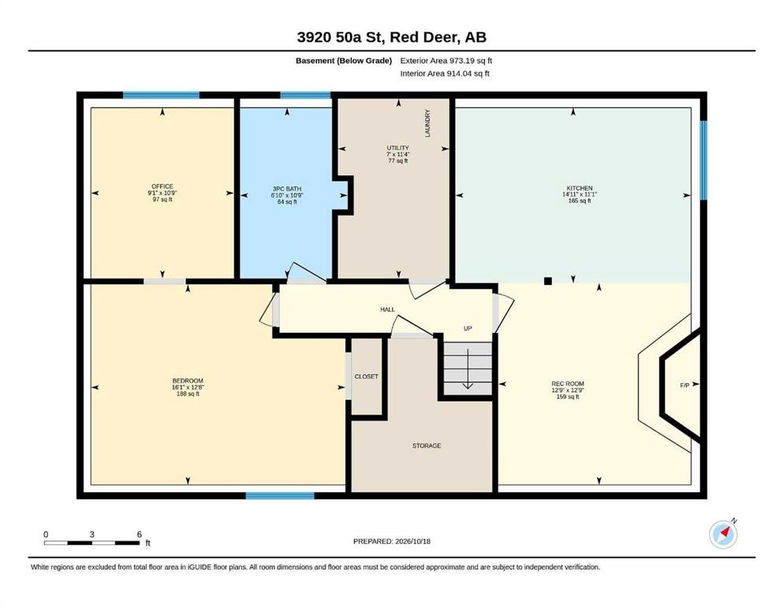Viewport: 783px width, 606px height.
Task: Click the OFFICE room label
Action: tap(162, 186)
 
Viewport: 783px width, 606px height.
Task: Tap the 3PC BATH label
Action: tap(287, 189)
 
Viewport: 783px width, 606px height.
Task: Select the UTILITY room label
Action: tap(398, 148)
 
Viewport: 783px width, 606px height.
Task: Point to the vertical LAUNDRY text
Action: tap(427, 123)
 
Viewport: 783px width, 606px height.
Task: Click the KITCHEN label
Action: tap(580, 188)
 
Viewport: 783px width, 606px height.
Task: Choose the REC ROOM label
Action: tap(568, 383)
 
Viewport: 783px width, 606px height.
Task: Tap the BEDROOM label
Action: tap(188, 380)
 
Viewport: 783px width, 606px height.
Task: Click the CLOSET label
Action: tap(367, 376)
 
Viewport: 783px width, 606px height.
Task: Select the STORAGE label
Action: tap(427, 446)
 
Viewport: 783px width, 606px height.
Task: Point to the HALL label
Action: tap(387, 310)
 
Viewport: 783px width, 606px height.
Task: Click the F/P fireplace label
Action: tap(684, 385)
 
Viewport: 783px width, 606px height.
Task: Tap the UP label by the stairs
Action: tap(468, 328)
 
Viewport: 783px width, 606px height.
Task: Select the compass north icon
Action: tap(723, 534)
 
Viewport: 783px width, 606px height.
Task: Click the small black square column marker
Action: tap(548, 281)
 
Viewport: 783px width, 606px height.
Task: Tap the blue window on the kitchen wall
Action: tap(703, 160)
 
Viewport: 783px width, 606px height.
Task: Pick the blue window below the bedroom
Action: tap(280, 496)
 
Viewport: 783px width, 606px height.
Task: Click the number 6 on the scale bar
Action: tap(140, 534)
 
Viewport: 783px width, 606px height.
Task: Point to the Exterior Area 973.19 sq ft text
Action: tap(446, 61)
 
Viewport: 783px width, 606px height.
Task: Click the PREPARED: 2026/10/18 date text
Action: tap(391, 541)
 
